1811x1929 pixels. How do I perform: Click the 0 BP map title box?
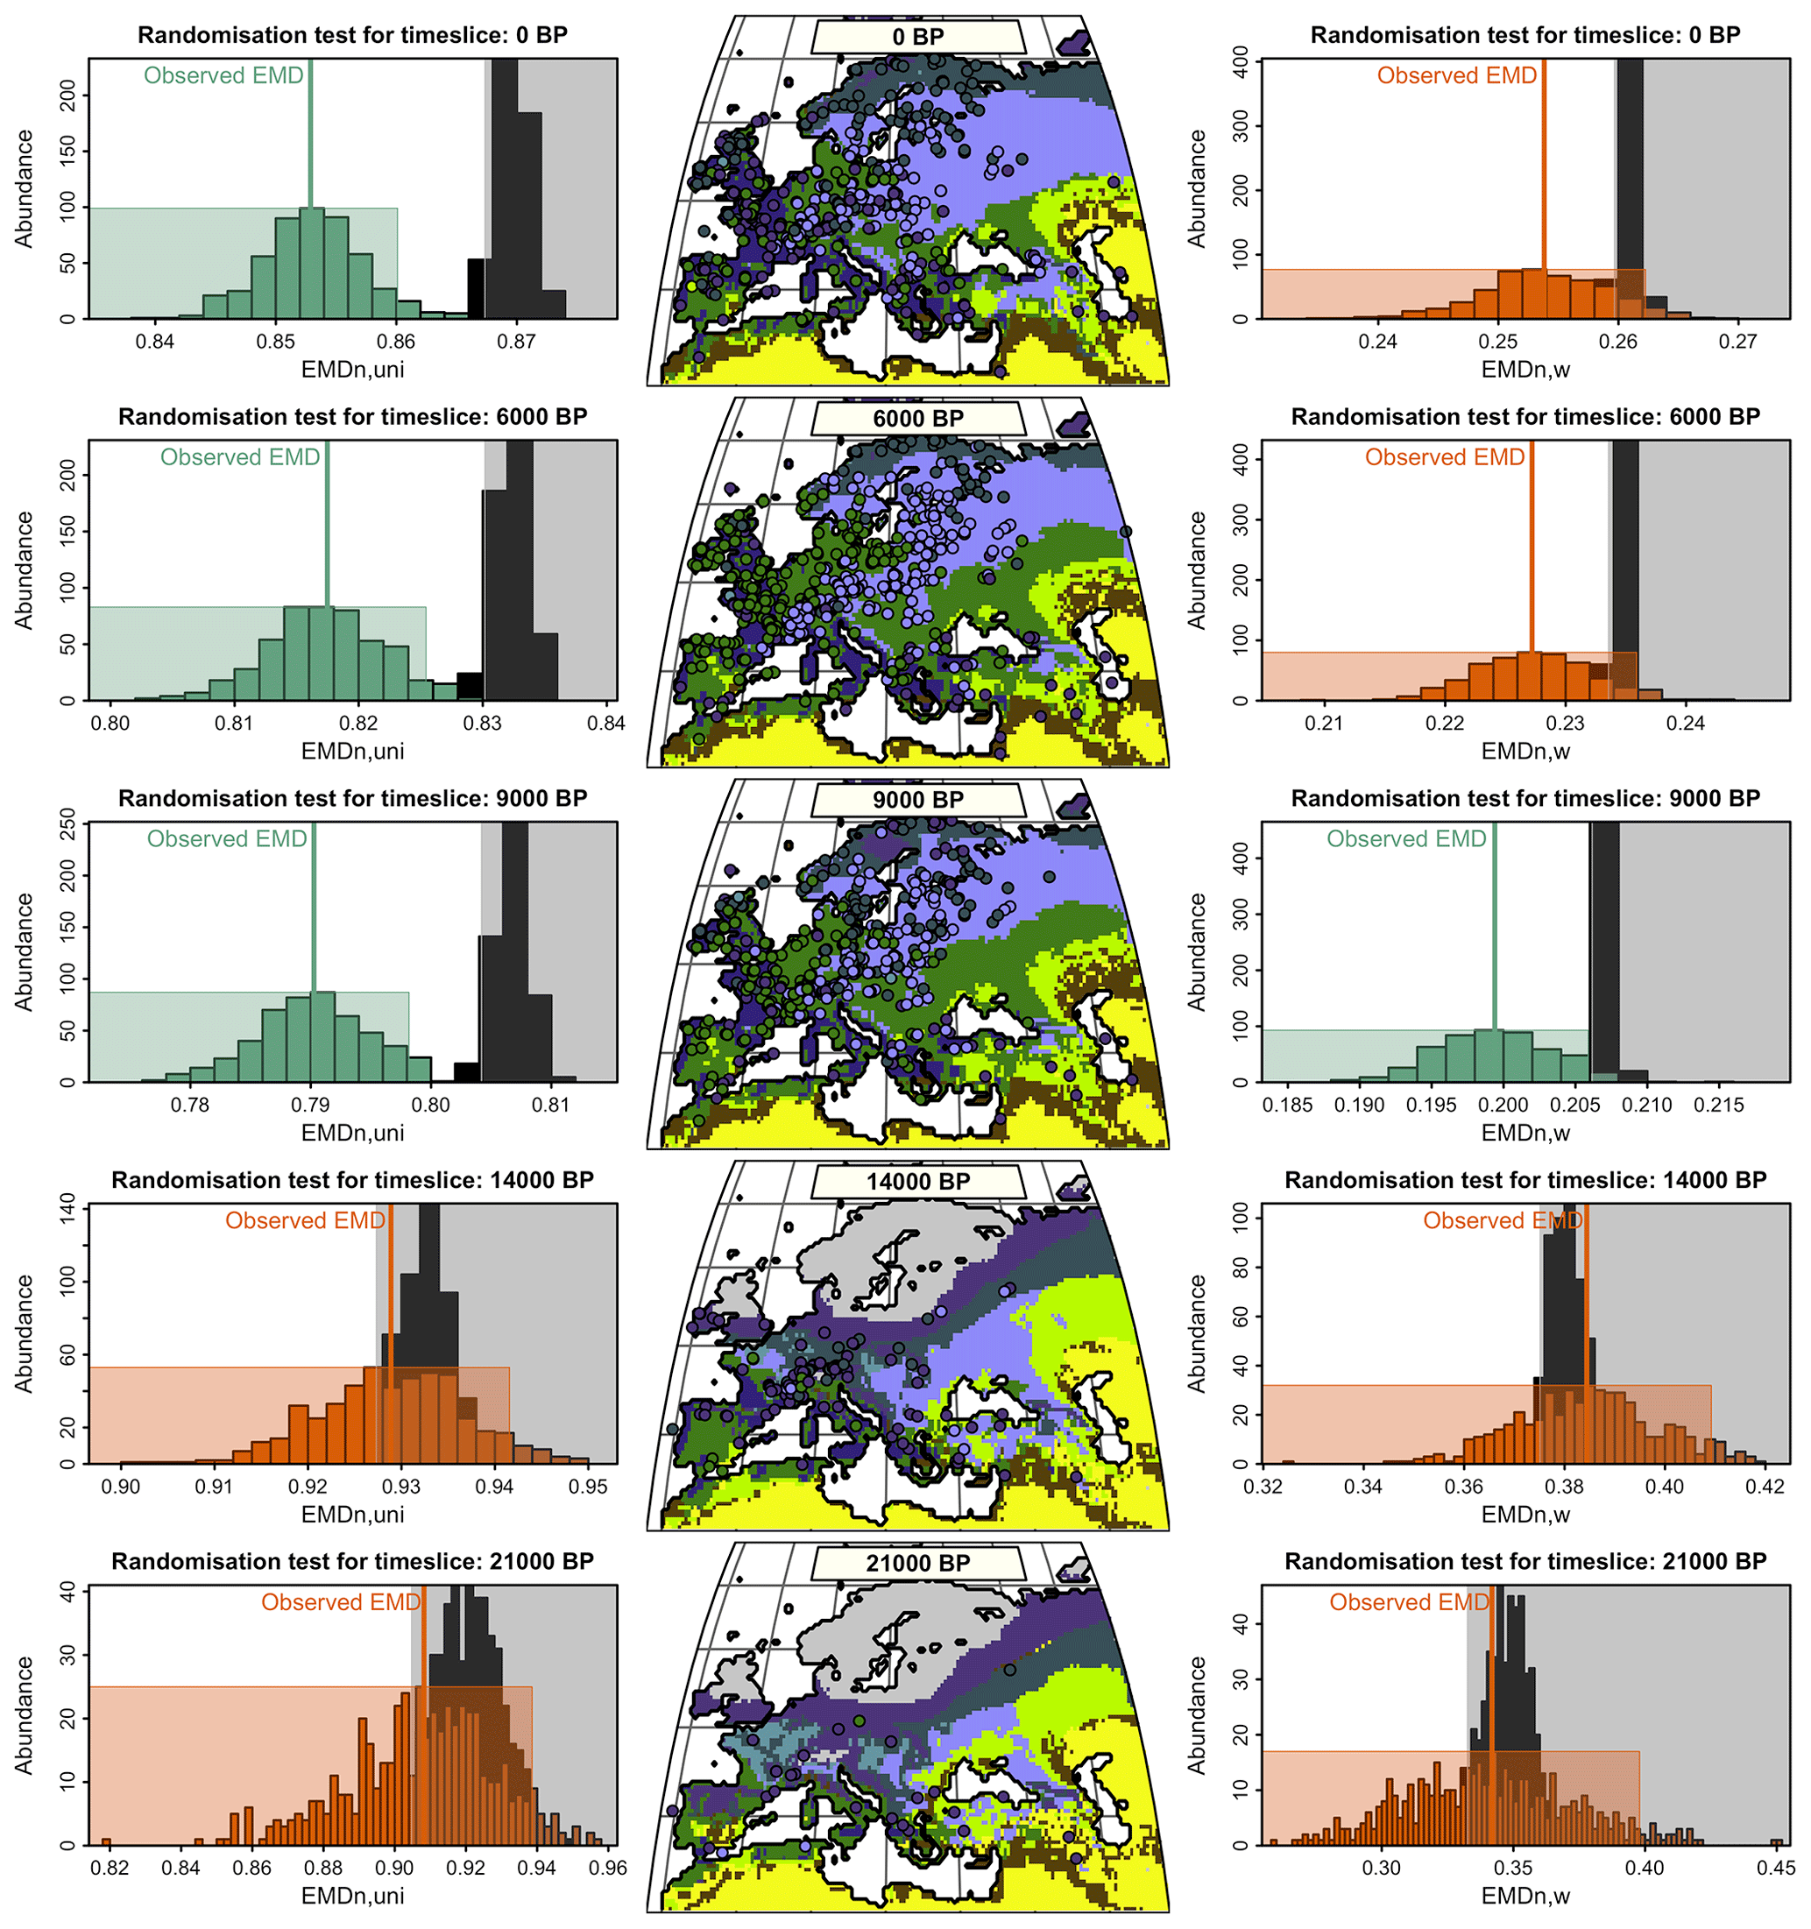(x=917, y=38)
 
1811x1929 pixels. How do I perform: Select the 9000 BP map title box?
(x=917, y=801)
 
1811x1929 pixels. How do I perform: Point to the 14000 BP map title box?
(x=917, y=1182)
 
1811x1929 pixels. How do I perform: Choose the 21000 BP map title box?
(x=917, y=1563)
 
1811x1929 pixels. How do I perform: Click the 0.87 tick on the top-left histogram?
(x=516, y=342)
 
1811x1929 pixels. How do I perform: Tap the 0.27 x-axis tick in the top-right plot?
(x=1737, y=342)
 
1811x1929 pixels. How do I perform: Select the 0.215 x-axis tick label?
(x=1719, y=1106)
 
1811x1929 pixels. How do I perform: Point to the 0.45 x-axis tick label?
(x=1776, y=1868)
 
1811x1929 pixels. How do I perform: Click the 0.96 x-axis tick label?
(x=609, y=1868)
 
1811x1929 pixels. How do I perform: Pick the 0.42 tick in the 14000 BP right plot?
(x=1765, y=1487)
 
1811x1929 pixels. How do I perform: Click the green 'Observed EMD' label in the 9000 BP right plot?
(x=1405, y=839)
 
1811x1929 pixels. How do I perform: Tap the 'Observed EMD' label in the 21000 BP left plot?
(x=341, y=1602)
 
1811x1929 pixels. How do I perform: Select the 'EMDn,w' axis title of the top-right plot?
(x=1524, y=370)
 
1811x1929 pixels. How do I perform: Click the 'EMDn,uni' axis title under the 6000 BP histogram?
(x=352, y=751)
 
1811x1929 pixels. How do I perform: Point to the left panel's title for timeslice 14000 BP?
(x=352, y=1180)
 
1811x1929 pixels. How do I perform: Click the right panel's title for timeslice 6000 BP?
(x=1524, y=417)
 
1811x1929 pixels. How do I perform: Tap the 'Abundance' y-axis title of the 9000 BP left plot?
(x=24, y=952)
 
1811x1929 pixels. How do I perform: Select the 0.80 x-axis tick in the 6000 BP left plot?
(x=110, y=723)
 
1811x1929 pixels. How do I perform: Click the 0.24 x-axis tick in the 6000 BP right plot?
(x=1686, y=723)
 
